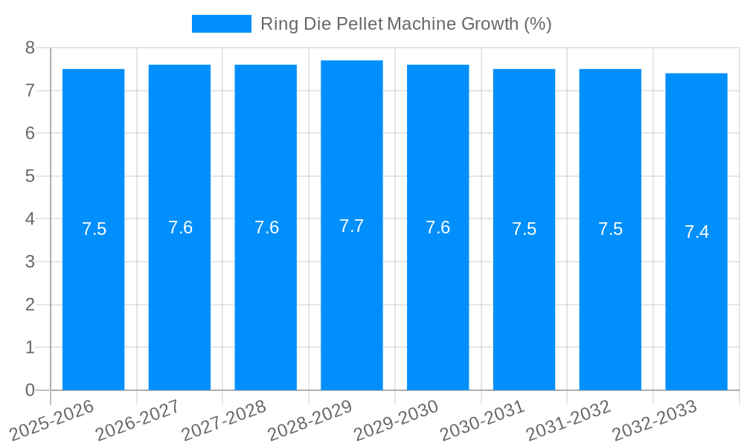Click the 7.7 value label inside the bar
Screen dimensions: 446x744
point(352,226)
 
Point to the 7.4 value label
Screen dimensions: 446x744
point(696,232)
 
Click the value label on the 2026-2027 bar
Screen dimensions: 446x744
point(180,227)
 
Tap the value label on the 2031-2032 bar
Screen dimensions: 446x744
point(610,229)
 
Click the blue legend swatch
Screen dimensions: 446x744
point(221,24)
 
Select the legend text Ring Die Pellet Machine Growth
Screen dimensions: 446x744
point(405,24)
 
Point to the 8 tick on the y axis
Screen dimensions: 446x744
point(30,48)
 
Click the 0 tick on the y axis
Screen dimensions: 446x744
point(30,390)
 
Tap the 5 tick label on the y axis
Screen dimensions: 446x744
point(30,177)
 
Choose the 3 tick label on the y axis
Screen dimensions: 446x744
point(30,262)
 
